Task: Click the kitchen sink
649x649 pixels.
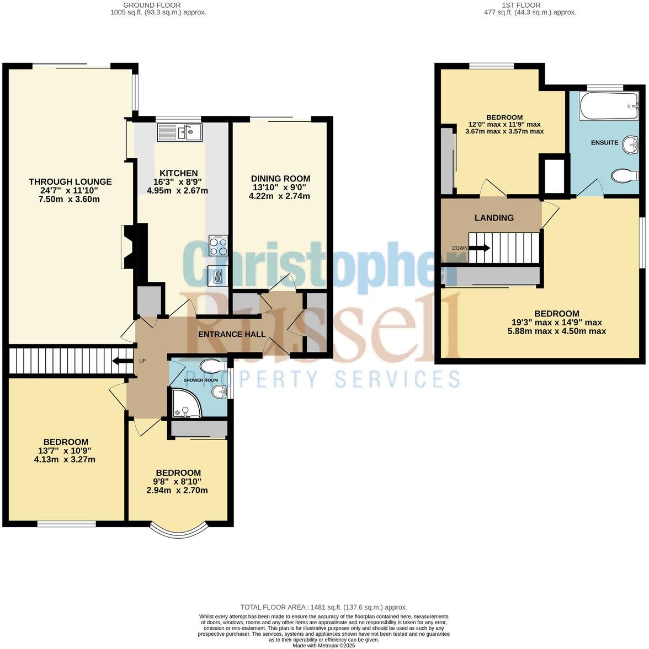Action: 180,132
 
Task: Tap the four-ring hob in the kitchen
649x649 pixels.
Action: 218,245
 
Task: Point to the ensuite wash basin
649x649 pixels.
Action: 630,131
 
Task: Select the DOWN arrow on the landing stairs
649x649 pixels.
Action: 478,248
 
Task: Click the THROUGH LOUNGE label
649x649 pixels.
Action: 70,181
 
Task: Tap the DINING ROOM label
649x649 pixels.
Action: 280,179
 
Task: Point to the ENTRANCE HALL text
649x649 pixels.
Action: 232,334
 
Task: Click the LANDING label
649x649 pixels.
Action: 494,218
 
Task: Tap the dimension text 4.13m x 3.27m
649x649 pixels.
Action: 65,459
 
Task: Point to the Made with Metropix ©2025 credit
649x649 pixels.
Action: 324,645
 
